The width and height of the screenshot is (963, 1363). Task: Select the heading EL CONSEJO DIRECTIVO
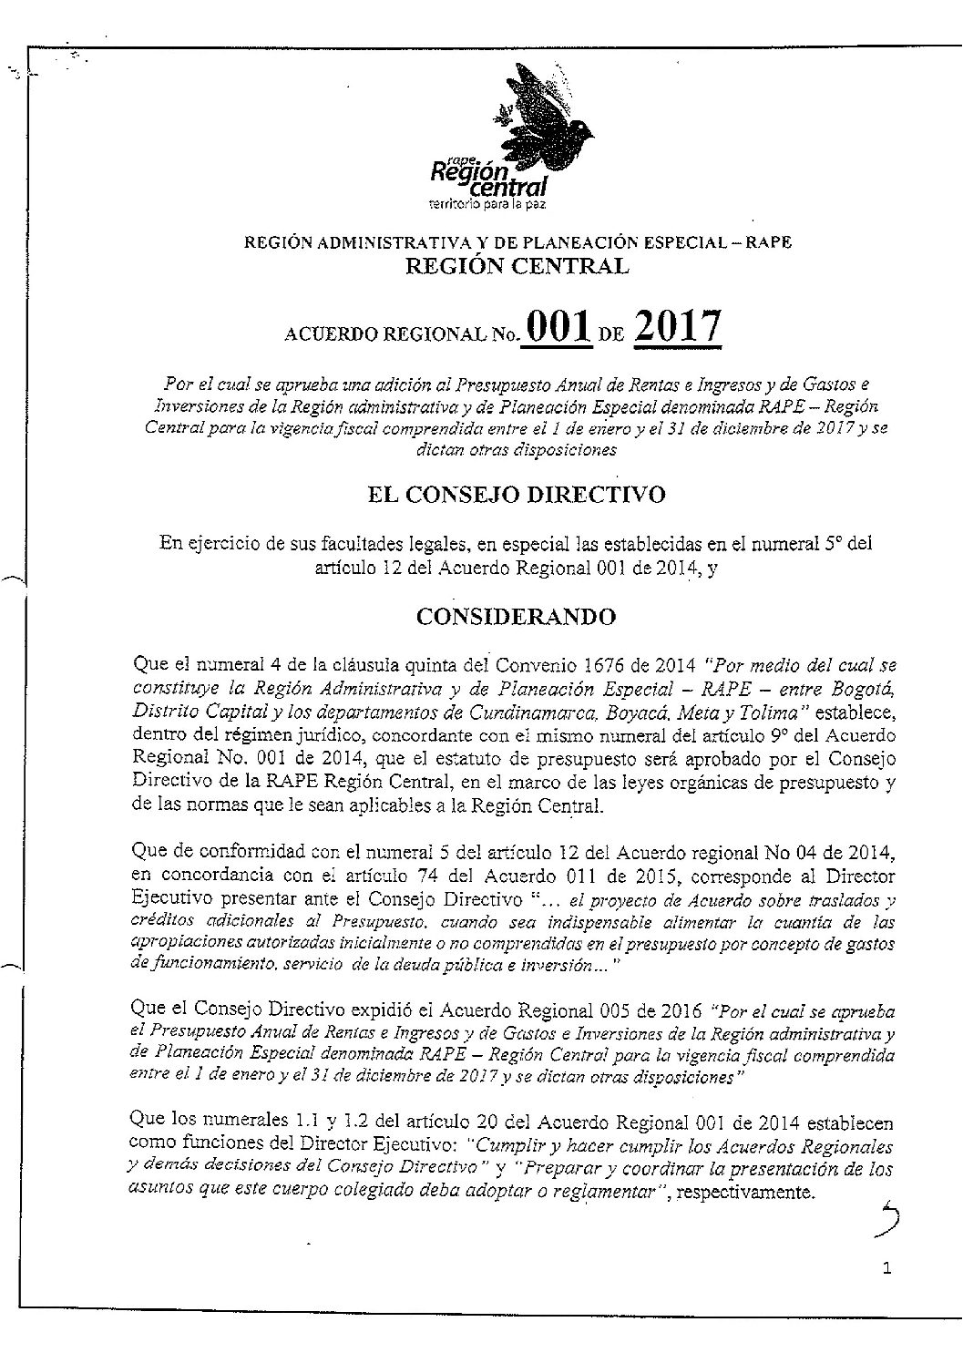point(516,495)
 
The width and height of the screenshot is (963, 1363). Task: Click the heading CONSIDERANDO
point(516,617)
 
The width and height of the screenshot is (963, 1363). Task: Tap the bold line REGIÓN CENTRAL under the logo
point(516,266)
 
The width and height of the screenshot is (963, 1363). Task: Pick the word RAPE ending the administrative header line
point(770,242)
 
